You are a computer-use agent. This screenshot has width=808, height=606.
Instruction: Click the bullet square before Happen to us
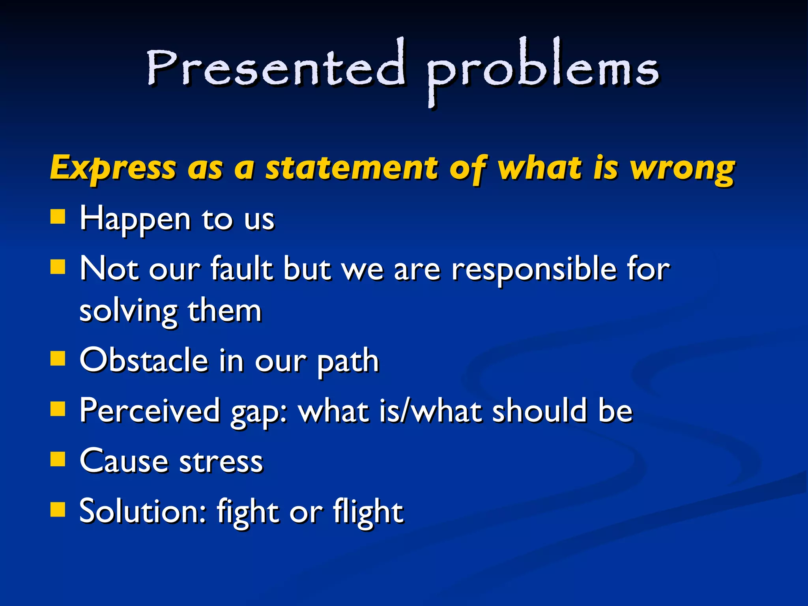pos(58,217)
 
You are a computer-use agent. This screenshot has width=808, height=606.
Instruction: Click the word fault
pos(241,269)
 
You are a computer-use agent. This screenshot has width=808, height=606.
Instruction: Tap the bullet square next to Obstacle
pos(58,359)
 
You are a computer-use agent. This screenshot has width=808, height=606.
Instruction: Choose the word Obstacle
pos(144,360)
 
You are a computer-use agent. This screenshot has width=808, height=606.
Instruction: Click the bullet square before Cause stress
pos(58,459)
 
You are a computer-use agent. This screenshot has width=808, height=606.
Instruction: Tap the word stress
pos(221,462)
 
